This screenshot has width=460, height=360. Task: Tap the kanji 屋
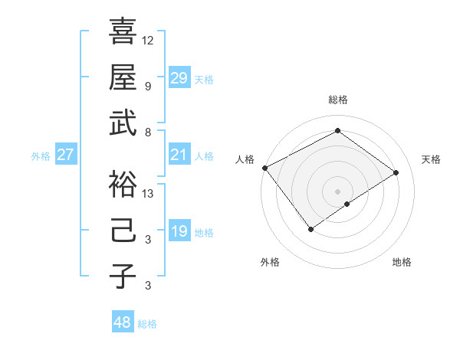pos(123,77)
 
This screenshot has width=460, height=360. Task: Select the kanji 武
pos(123,123)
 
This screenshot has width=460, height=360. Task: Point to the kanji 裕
pos(123,183)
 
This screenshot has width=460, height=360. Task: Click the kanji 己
pos(123,230)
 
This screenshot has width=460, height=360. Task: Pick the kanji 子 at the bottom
pos(123,277)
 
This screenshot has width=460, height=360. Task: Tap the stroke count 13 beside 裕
pos(148,193)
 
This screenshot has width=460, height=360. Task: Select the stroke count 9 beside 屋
pos(148,87)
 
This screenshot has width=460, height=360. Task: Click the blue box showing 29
pos(179,77)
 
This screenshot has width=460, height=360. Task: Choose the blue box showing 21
pos(179,155)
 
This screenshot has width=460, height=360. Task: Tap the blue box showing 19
pos(179,231)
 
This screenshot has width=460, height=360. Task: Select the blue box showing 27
pos(65,155)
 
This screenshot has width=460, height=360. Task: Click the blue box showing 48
pos(122,322)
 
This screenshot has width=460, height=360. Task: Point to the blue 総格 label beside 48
pos(147,324)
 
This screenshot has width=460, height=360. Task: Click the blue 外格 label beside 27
pos(41,156)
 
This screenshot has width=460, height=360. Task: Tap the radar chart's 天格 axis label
pos(431,159)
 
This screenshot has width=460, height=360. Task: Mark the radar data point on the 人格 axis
pos(264,168)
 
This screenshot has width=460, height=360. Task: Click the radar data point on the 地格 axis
pos(347,204)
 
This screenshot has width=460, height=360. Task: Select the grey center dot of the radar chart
pos(337,190)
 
